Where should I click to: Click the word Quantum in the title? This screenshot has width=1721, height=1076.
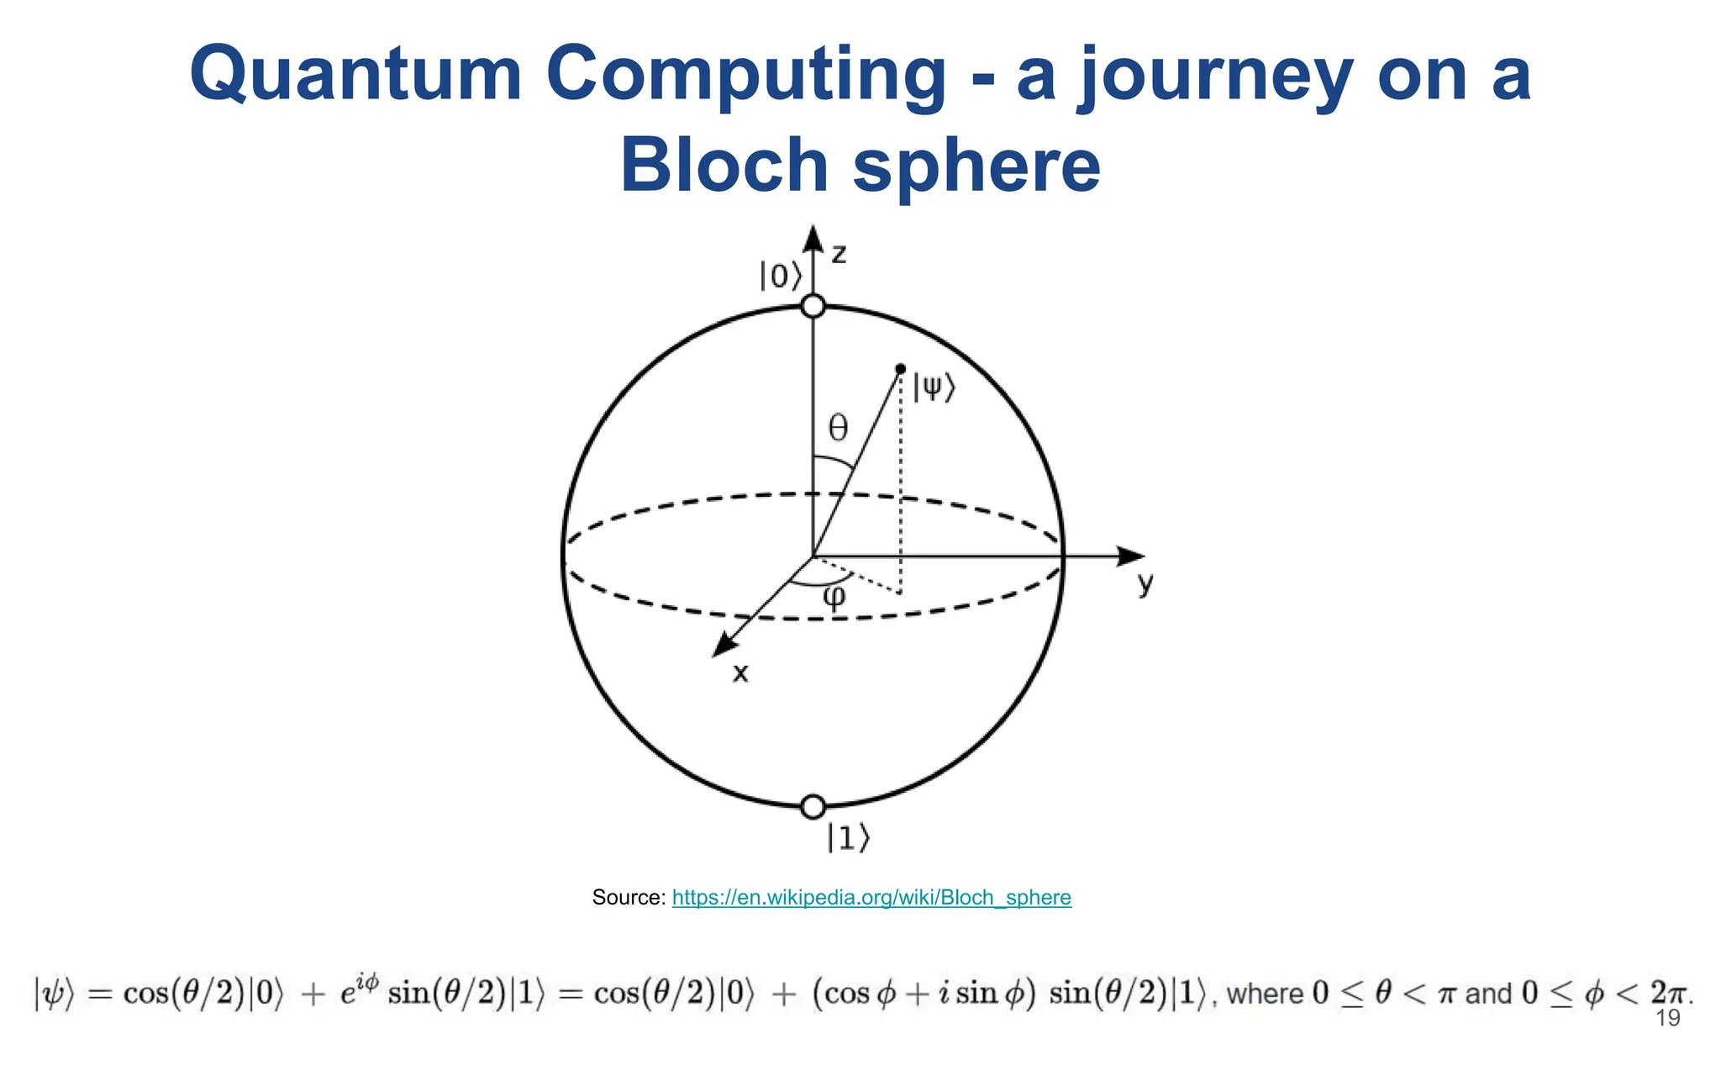356,76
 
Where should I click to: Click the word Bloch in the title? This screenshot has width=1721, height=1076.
724,165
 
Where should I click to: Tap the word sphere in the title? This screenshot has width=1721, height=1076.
976,165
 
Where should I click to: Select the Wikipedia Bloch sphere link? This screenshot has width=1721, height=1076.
871,898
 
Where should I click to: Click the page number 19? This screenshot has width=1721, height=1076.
1667,1019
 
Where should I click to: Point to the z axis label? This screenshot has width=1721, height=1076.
839,254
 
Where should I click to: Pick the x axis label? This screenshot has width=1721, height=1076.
740,672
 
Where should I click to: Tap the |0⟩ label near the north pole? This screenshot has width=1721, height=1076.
781,276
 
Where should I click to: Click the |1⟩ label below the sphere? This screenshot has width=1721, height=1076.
848,837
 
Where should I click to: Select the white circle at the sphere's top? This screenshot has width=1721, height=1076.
813,306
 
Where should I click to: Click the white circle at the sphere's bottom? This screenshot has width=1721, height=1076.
813,807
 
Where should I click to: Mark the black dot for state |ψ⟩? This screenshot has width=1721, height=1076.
901,368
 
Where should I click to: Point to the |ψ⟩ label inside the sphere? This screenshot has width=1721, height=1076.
934,388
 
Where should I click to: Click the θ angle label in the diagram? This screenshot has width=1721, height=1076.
839,429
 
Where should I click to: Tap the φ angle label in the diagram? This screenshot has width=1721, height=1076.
834,597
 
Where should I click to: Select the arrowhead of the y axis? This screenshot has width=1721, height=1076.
1131,556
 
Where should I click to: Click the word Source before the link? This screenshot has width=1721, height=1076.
628,898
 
